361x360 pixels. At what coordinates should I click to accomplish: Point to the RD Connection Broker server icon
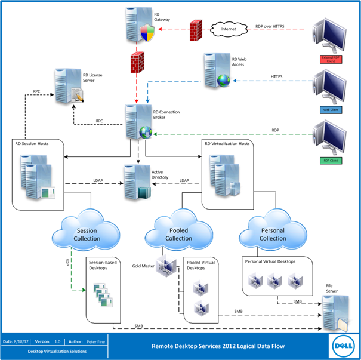[138, 121]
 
